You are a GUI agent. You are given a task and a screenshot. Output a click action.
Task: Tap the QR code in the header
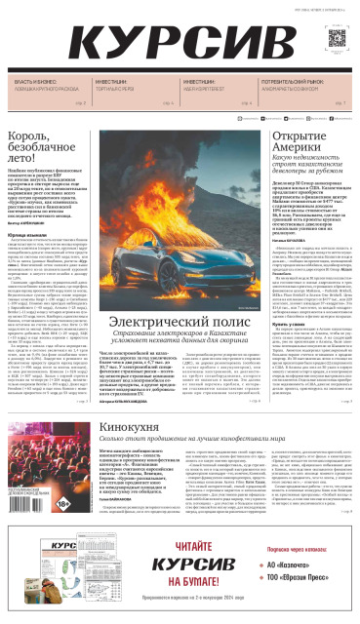point(334,39)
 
